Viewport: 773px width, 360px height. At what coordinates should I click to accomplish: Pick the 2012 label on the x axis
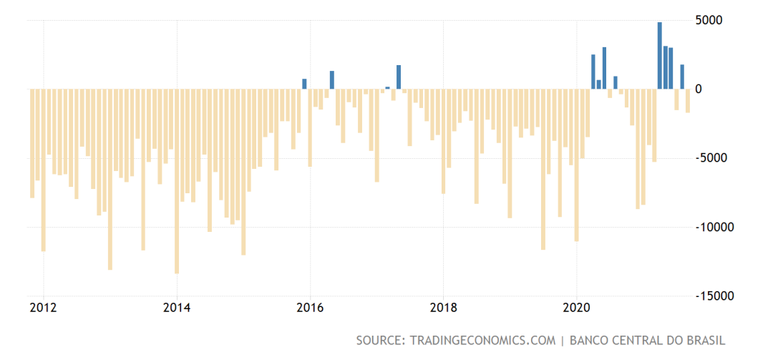coord(43,308)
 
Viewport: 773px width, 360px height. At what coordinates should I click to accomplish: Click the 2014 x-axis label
coord(177,308)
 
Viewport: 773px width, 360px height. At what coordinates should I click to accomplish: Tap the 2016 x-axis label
coord(310,308)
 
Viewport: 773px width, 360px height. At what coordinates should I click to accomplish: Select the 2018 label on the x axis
coord(444,308)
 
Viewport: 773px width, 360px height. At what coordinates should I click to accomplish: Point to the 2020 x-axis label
coord(577,308)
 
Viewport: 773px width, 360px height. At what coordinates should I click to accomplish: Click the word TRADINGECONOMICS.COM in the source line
coord(480,340)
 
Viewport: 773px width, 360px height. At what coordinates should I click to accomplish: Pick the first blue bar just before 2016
coord(304,84)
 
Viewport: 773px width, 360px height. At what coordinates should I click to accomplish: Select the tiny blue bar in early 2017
coord(387,88)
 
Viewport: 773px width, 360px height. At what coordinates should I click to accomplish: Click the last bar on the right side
coord(688,101)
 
